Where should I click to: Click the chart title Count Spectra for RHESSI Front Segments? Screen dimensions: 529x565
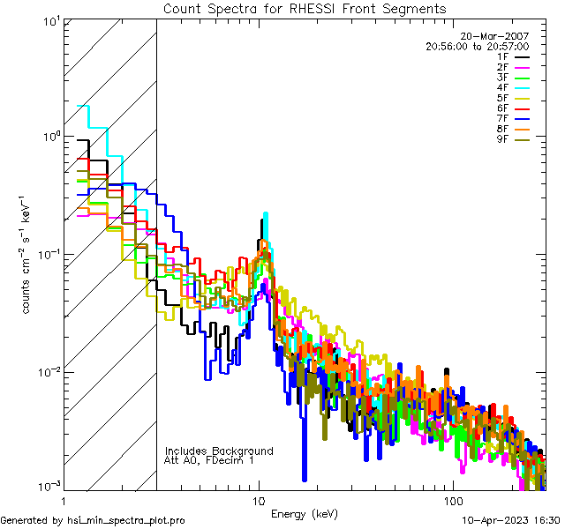click(305, 8)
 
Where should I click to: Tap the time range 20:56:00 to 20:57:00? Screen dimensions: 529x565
click(477, 46)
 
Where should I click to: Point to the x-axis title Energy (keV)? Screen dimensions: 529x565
click(305, 514)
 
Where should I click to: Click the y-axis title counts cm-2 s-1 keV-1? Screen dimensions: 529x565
click(27, 254)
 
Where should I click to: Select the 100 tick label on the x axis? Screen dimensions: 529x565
click(453, 500)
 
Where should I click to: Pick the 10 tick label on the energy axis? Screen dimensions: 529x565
click(258, 500)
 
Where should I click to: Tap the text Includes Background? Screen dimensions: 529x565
click(219, 451)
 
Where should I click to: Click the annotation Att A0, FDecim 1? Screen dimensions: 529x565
click(209, 460)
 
